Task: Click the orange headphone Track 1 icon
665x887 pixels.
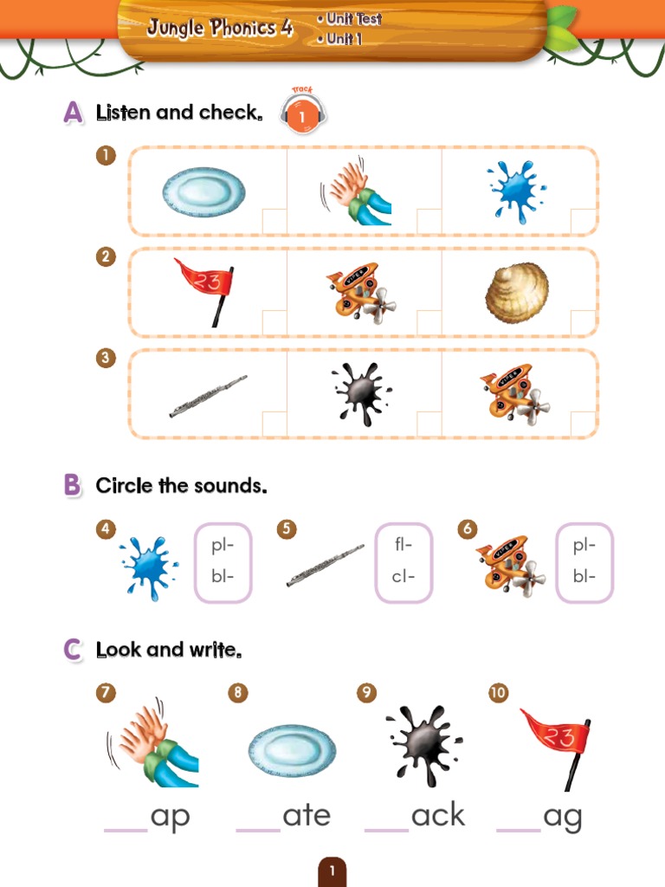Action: [x=301, y=113]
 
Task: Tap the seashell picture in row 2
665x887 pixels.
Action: [x=517, y=292]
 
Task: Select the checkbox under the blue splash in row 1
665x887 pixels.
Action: [x=582, y=221]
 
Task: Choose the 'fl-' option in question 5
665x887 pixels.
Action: [x=404, y=545]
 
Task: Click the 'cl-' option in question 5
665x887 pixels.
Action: [x=404, y=577]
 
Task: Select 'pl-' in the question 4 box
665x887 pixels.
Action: [x=223, y=545]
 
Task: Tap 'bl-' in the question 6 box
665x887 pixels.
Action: [x=584, y=577]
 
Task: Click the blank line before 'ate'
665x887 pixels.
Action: [x=258, y=828]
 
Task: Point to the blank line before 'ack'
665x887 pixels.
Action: [x=386, y=828]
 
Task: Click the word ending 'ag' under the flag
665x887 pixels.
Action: [x=562, y=817]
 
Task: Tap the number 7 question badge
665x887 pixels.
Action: [x=107, y=693]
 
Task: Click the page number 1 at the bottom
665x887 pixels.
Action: [x=332, y=871]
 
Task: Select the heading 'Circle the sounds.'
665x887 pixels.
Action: [x=181, y=486]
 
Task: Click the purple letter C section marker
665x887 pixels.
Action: [x=73, y=651]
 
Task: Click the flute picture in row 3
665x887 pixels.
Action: [x=208, y=396]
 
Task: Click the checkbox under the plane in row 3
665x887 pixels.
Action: [x=582, y=424]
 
